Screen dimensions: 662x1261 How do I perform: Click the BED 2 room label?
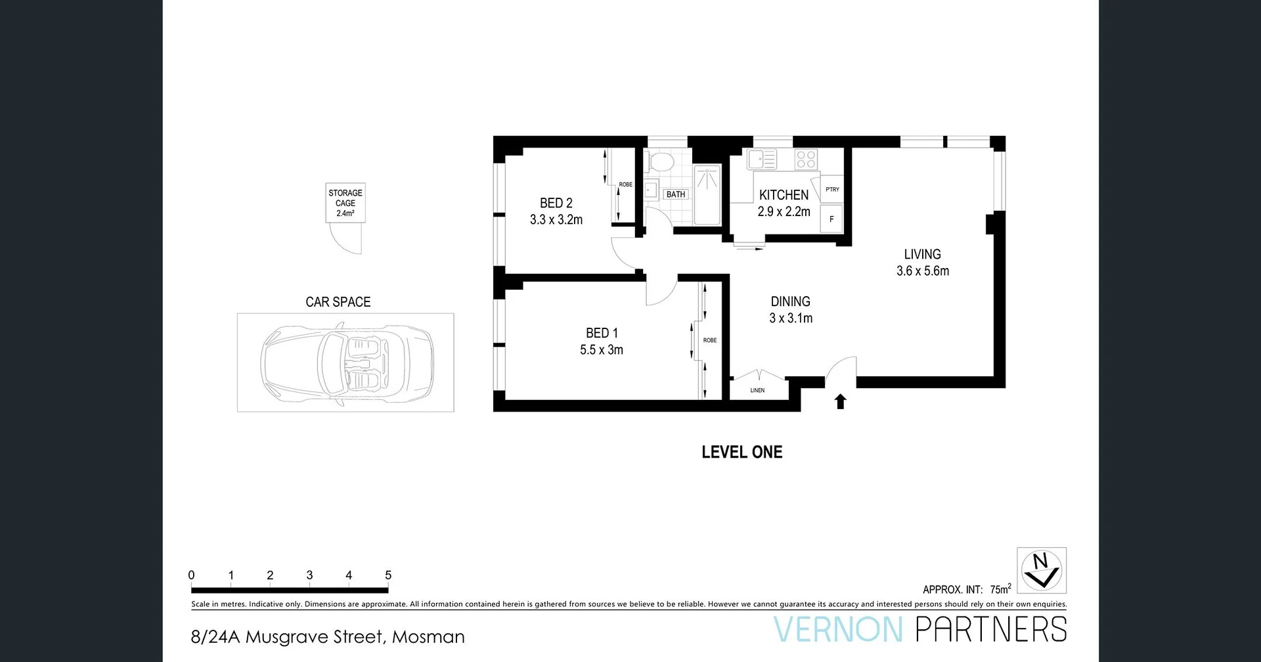(556, 204)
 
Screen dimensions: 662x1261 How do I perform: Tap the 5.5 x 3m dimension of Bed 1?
(601, 350)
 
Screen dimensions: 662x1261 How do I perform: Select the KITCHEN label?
(784, 195)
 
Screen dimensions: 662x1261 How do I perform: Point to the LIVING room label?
(922, 254)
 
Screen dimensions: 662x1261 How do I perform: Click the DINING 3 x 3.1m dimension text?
(791, 319)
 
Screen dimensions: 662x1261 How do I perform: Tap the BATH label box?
(675, 194)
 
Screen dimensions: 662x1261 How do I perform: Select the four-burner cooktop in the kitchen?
(806, 160)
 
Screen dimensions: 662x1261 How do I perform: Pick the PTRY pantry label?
(832, 189)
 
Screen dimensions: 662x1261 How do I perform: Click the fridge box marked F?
(831, 219)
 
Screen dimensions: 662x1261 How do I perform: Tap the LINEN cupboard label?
(757, 390)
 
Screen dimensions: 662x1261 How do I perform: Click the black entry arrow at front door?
(840, 401)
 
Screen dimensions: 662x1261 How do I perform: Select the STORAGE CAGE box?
(345, 203)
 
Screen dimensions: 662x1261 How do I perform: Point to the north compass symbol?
(1042, 570)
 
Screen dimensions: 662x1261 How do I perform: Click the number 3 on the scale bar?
(309, 575)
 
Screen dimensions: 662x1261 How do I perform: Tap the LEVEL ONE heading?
(741, 452)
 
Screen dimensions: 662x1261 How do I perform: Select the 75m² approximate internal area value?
(1000, 589)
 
